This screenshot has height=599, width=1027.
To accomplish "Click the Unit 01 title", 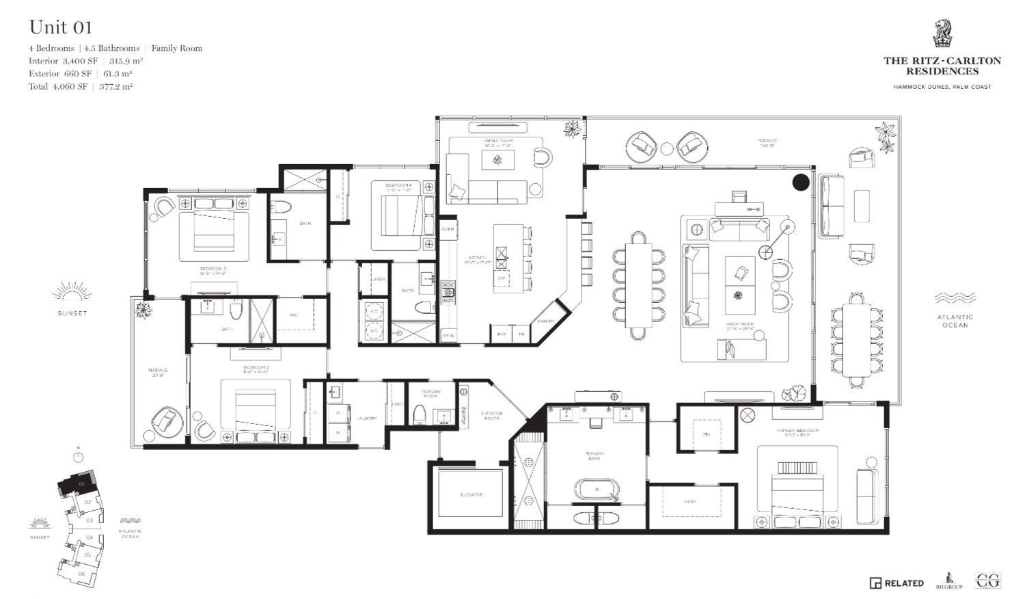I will pos(60,27).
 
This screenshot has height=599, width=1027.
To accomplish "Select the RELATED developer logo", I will pos(896,583).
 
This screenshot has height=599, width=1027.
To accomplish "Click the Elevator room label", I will pos(471,494).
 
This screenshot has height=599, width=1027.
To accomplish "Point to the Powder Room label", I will pos(430,395).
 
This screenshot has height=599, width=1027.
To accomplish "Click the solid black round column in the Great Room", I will pos(800,182).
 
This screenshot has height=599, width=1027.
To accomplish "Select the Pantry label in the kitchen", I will pos(547,321).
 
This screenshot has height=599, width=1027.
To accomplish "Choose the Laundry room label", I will pos(366,418).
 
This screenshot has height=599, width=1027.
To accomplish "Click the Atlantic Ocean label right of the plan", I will pos(955,321).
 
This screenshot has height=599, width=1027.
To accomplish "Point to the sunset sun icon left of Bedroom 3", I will pos(72,293).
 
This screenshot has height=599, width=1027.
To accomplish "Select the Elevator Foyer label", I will pos(492,416).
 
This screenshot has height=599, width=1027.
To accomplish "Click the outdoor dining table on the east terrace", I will pos(856,339).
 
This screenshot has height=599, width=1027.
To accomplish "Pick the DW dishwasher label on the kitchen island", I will pos(501,278).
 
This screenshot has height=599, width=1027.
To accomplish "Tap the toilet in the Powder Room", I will pos(419,414).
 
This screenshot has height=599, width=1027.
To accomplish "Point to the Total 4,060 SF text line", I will pos(81,86).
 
